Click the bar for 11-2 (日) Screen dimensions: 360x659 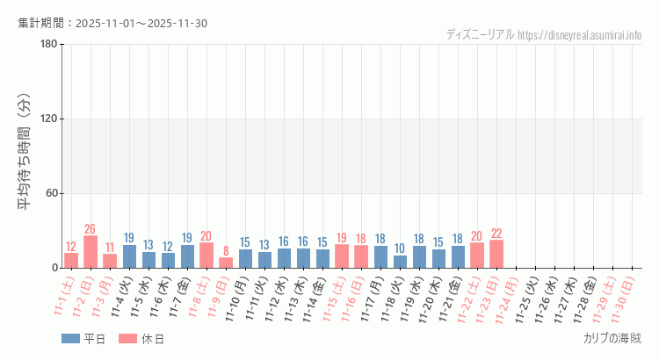tap(91, 252)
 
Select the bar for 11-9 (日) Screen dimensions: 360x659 tap(226, 263)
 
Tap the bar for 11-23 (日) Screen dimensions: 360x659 tap(496, 254)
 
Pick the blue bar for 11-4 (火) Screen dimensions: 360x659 tap(129, 256)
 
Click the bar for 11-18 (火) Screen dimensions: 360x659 tap(400, 262)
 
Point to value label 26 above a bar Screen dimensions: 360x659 tap(91, 228)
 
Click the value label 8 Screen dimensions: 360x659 tap(226, 250)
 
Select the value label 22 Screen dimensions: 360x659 tap(496, 234)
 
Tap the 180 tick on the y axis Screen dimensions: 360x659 tap(49, 45)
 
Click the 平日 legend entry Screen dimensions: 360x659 tap(83, 339)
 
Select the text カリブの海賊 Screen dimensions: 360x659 tap(612, 338)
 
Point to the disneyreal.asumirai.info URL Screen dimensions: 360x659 tap(580, 35)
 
